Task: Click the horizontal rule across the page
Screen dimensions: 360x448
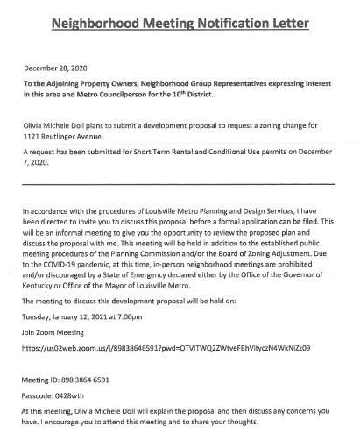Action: tap(180, 183)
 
